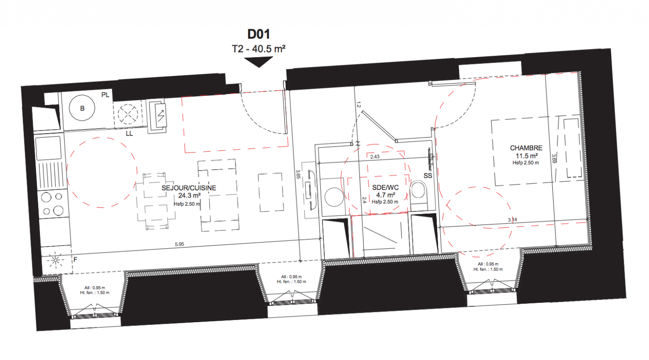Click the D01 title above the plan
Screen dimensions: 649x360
(259, 34)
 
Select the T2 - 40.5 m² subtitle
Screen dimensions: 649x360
(259, 49)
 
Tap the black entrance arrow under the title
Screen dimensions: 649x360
(259, 62)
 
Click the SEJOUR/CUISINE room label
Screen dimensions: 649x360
(189, 188)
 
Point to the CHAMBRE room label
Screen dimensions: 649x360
(526, 148)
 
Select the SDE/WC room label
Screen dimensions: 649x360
(385, 188)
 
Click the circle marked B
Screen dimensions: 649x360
(82, 108)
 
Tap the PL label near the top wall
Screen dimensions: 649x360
(105, 95)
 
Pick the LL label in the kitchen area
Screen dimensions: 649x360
(129, 134)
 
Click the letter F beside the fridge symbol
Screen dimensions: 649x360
(75, 259)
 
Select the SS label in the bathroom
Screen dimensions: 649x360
(428, 175)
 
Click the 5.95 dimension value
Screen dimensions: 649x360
(179, 244)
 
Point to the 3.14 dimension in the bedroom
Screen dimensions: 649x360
(512, 220)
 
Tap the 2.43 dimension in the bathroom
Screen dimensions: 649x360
(375, 157)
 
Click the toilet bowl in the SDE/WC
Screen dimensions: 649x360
(418, 191)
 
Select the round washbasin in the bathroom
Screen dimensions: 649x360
(334, 197)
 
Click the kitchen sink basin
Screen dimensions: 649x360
(49, 148)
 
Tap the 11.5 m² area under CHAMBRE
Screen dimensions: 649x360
(527, 156)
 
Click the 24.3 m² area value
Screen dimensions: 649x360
(189, 196)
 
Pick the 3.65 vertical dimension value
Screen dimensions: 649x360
(298, 174)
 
